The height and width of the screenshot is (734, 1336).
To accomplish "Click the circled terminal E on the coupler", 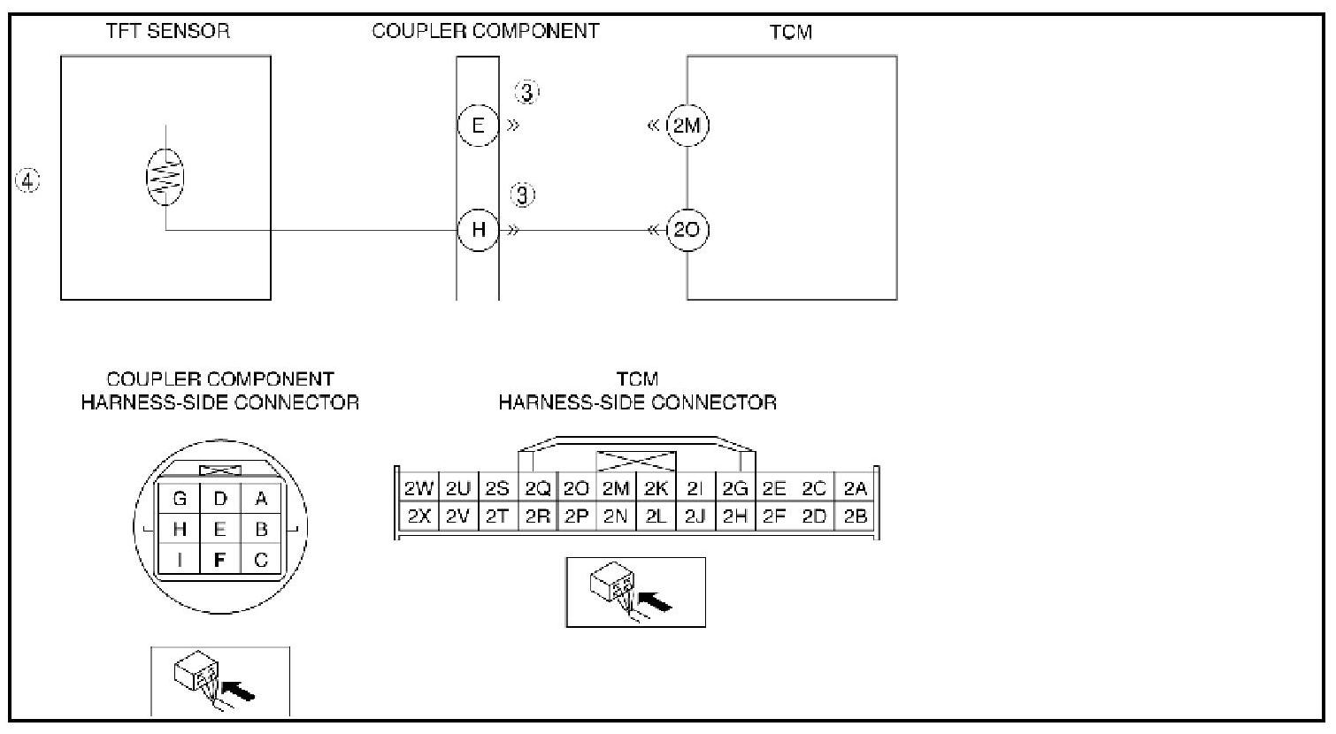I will (x=479, y=125).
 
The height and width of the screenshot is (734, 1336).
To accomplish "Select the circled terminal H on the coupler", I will (x=479, y=230).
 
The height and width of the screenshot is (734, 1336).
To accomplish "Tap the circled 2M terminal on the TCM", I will (x=687, y=125).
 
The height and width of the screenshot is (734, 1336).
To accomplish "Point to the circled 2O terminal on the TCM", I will (x=687, y=230).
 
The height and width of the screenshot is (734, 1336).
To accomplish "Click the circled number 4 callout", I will (x=28, y=181).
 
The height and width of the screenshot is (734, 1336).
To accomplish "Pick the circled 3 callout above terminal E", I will (x=527, y=92).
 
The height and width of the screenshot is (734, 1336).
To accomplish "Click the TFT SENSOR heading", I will (x=167, y=31).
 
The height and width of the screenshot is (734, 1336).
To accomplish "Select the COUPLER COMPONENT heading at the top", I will (x=485, y=31).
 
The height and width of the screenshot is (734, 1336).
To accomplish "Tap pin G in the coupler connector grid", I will (x=180, y=499).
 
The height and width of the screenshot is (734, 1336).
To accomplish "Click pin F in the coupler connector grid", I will (x=220, y=560).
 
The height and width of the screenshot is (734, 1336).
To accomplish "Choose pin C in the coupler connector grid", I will (x=261, y=560).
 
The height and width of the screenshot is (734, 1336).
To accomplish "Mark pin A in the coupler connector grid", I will (x=261, y=499).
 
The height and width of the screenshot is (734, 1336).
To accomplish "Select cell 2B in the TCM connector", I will (x=855, y=516).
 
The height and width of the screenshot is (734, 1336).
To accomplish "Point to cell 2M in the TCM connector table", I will (x=615, y=489).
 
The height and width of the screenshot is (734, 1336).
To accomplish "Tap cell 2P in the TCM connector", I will (x=576, y=516).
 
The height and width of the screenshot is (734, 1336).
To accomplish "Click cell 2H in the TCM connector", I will (x=735, y=516).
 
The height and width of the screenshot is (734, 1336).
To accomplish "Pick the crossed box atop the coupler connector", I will (x=220, y=472).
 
